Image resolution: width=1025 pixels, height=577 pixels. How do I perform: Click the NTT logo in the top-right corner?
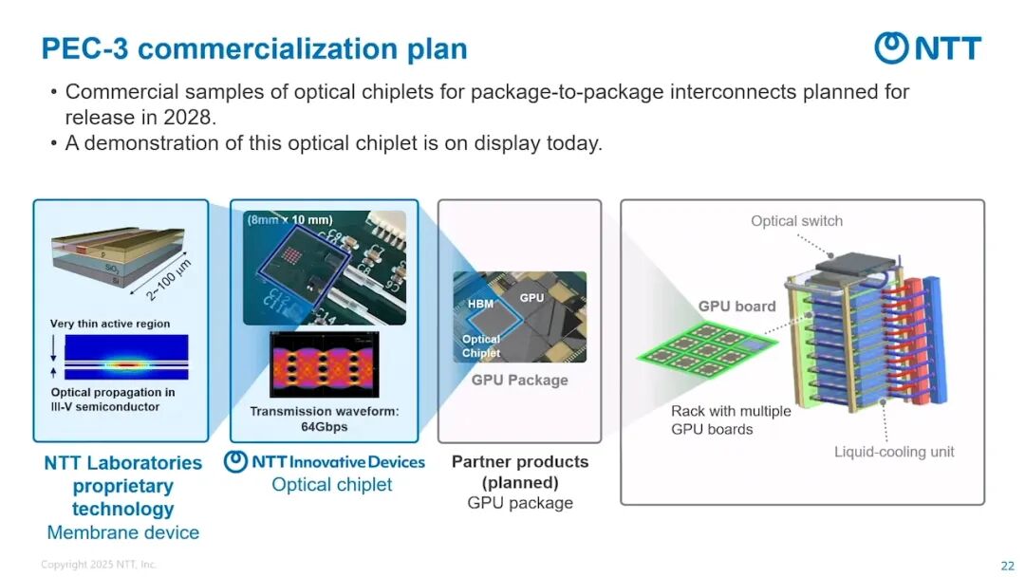(927, 48)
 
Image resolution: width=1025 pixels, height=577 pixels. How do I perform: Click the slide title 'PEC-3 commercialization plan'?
(254, 49)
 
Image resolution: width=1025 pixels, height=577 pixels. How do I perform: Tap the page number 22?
(1007, 566)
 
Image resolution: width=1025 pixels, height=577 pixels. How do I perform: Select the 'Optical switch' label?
(796, 221)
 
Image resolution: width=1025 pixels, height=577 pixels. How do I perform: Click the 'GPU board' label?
(736, 307)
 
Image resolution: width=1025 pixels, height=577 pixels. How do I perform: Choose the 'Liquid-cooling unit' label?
(894, 451)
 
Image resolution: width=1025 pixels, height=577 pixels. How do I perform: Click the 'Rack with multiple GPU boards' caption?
(730, 420)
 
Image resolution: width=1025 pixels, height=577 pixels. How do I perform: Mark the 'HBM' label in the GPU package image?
(480, 305)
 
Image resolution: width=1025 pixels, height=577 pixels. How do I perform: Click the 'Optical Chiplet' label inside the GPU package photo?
(481, 346)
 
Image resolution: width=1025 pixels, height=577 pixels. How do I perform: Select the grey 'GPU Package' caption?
(519, 381)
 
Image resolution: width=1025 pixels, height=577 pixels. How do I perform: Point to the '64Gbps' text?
(325, 427)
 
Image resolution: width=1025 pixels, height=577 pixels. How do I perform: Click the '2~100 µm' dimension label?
(169, 279)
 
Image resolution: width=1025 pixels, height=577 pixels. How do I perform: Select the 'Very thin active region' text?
(110, 324)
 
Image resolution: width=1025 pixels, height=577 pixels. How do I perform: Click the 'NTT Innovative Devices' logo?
(324, 462)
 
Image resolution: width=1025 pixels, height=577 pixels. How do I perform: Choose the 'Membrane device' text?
(123, 532)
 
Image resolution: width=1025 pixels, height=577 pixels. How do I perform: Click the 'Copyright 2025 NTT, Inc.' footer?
(99, 566)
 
